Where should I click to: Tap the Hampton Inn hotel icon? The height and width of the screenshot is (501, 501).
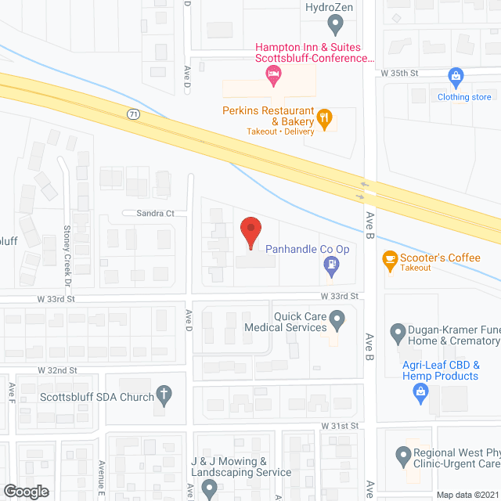(273, 76)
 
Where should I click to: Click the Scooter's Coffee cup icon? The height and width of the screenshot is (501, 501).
(389, 261)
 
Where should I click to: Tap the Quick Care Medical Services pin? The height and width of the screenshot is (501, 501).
(337, 319)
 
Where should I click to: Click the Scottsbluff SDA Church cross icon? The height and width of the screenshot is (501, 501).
(164, 395)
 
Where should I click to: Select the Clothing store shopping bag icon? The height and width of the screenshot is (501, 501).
(456, 77)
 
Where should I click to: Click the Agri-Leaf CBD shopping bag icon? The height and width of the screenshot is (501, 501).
(421, 396)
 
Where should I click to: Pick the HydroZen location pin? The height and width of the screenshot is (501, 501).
(336, 26)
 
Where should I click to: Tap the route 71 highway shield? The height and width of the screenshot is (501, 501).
(134, 114)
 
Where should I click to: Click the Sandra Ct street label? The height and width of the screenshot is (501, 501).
(147, 213)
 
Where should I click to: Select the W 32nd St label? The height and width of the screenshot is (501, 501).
(57, 369)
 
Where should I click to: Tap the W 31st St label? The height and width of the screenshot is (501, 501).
(339, 425)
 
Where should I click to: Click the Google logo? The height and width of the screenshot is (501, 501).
(25, 491)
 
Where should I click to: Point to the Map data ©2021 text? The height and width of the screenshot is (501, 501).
(467, 495)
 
